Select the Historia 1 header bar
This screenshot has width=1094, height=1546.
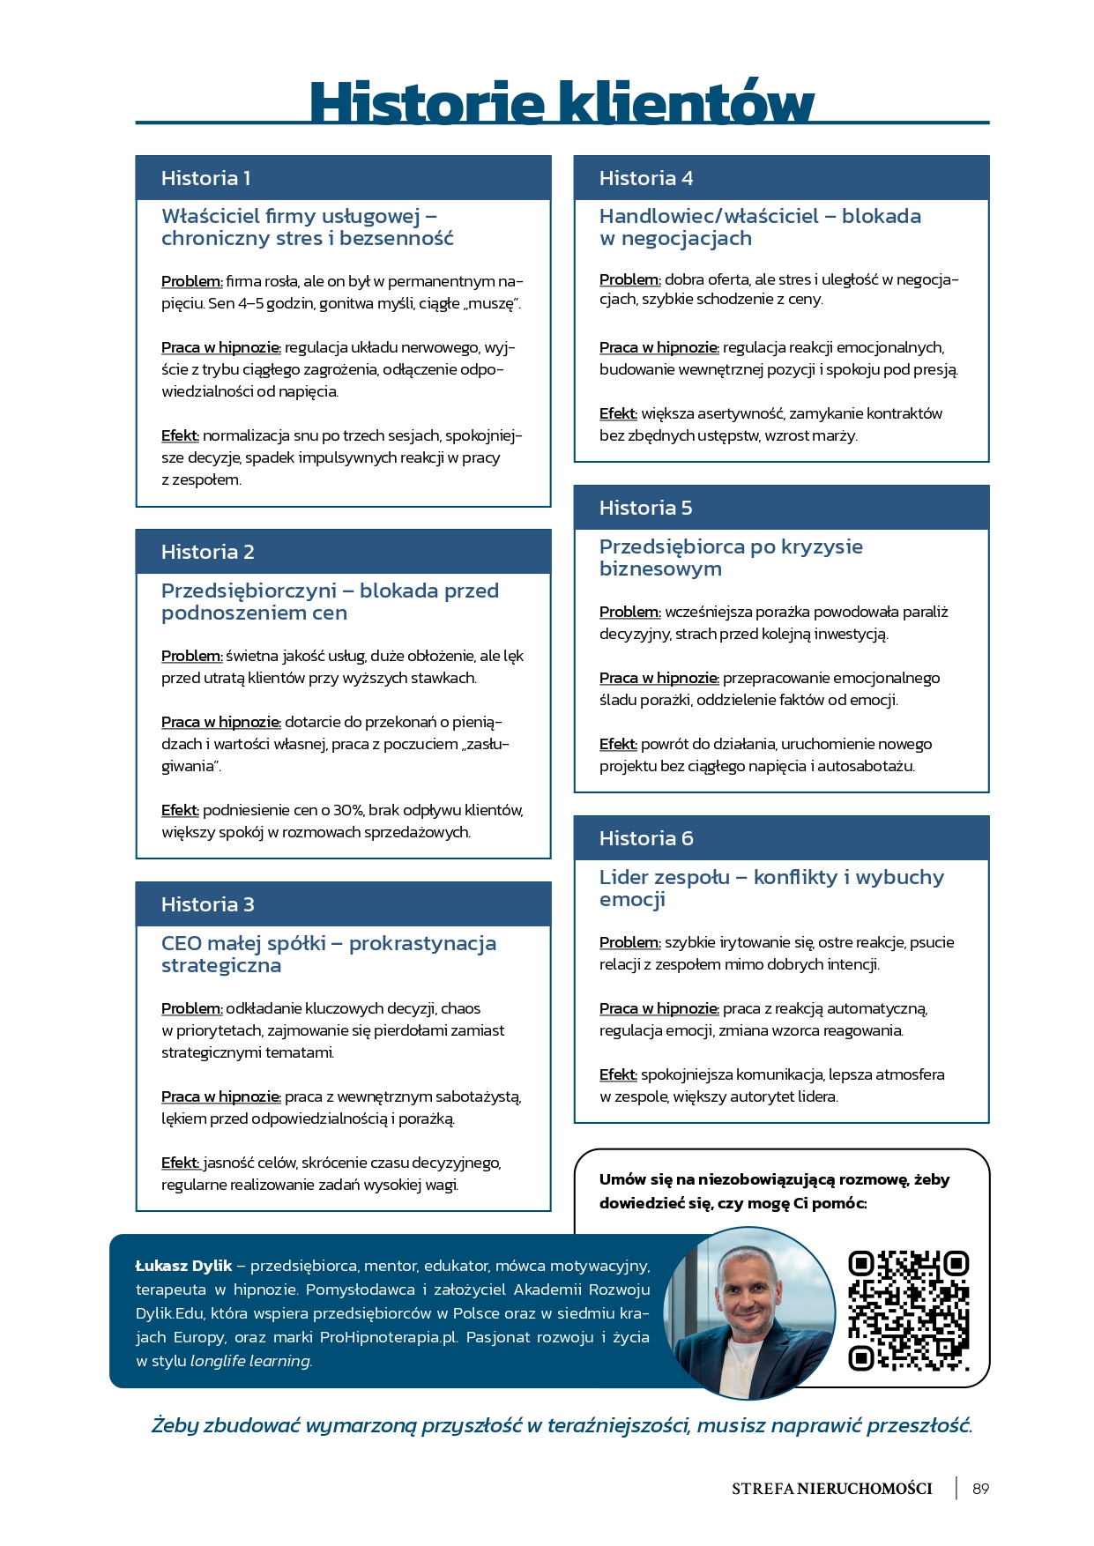pos(343,178)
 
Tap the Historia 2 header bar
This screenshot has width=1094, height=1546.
pos(343,552)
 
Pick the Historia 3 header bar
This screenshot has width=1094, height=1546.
pos(343,904)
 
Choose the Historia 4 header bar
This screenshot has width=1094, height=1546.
pos(781,178)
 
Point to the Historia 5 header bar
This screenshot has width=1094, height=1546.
pos(781,508)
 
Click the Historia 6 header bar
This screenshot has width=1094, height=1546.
pos(781,838)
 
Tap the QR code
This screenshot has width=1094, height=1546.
pos(908,1312)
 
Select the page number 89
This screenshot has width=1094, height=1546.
pos(980,1489)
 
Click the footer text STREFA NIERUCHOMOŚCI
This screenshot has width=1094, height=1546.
pos(831,1489)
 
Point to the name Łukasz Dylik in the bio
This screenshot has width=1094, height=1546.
pos(183,1266)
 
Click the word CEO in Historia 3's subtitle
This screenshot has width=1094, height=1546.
pos(181,943)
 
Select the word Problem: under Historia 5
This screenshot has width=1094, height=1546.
pos(629,612)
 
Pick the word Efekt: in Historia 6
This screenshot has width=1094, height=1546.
pos(617,1074)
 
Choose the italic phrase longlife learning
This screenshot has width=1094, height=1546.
pos(250,1361)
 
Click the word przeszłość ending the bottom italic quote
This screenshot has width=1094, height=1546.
pos(919,1425)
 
